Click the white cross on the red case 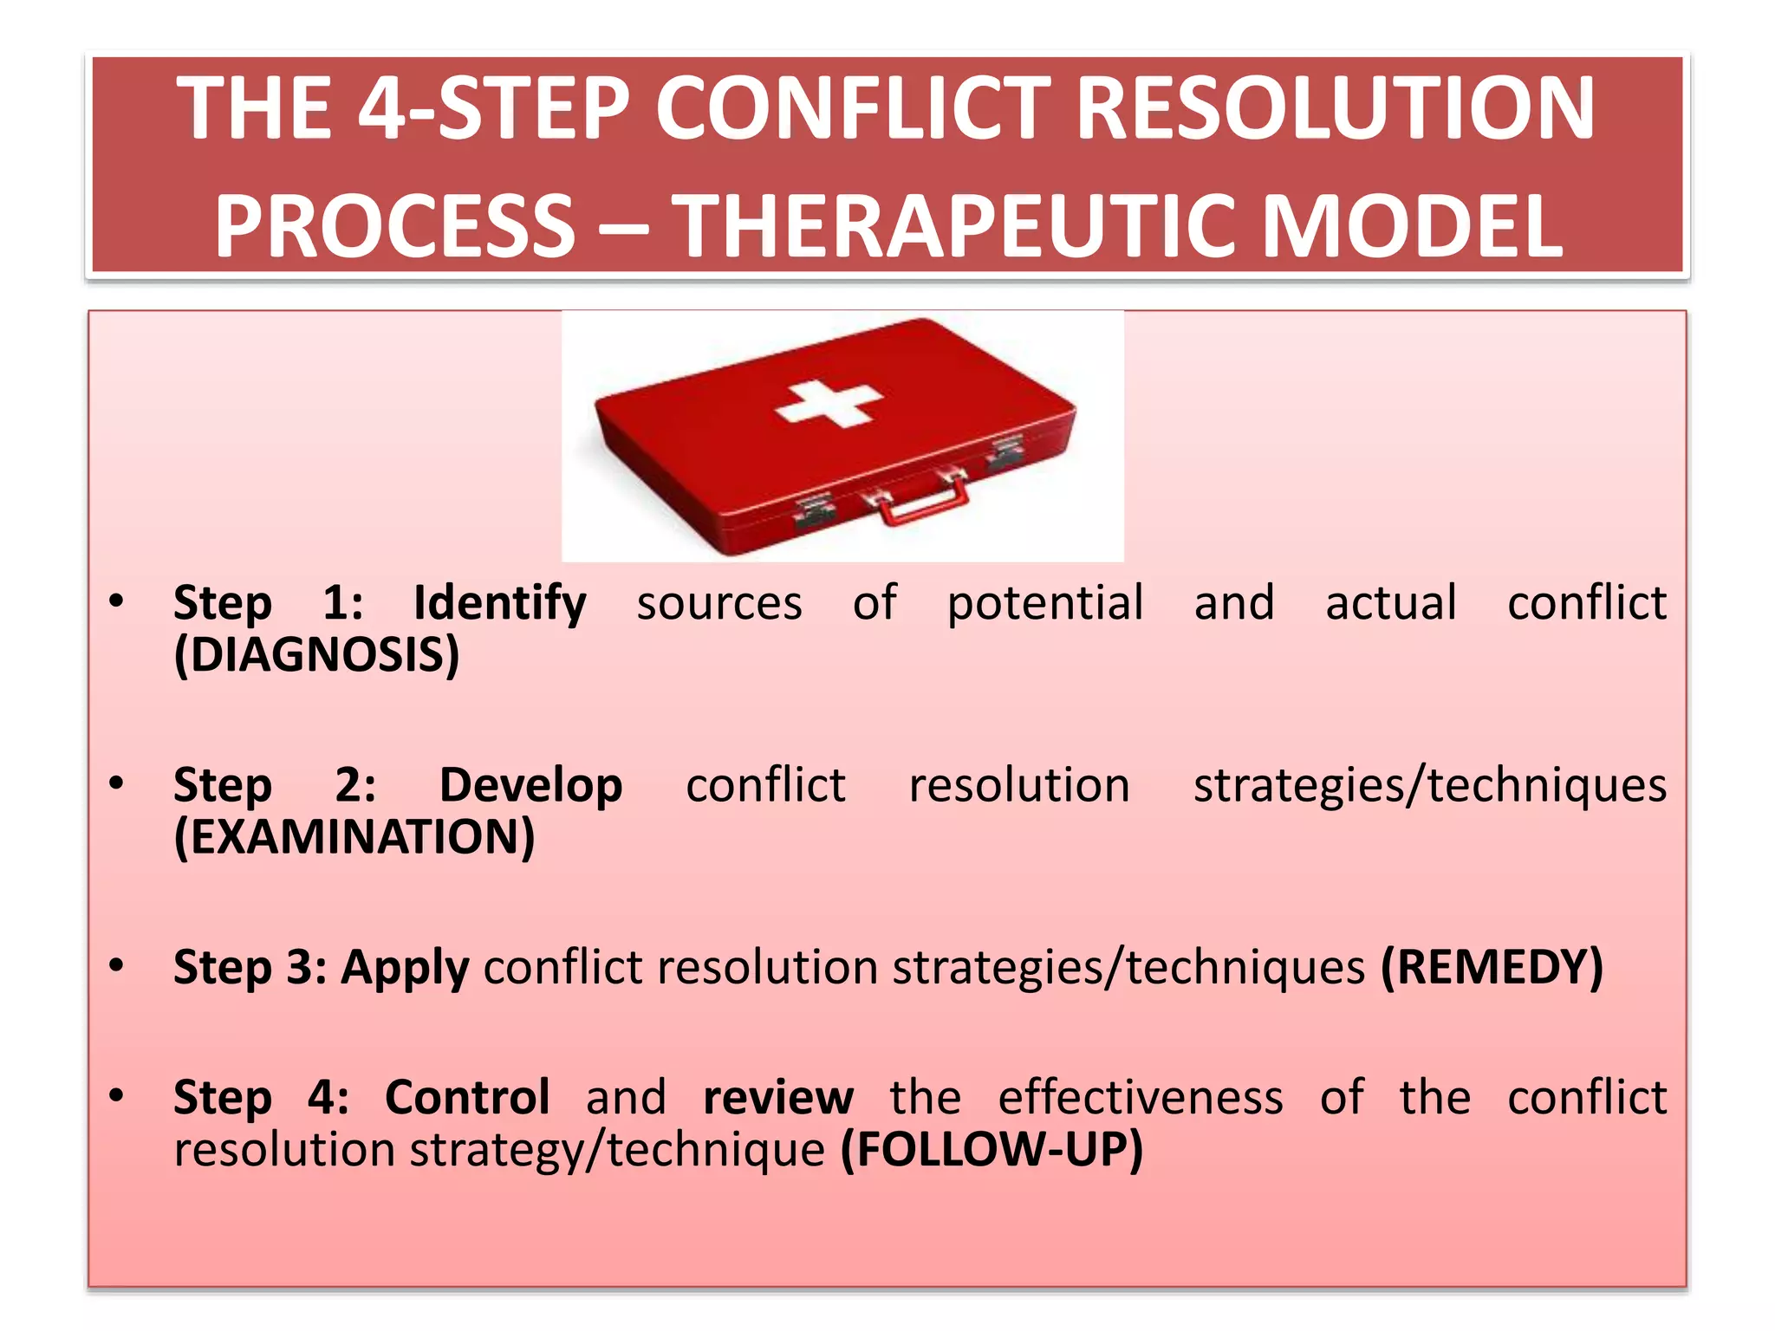click(829, 404)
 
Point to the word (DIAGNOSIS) click(316, 655)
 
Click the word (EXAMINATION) click(354, 837)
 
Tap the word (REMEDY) click(1492, 967)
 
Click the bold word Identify click(499, 603)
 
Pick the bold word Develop click(530, 785)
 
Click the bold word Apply click(405, 968)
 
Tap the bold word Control click(467, 1098)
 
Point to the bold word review click(777, 1098)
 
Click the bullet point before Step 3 click(117, 964)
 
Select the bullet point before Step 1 click(117, 600)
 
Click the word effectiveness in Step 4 click(1140, 1098)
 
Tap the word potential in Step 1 click(1044, 603)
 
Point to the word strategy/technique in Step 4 click(617, 1150)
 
